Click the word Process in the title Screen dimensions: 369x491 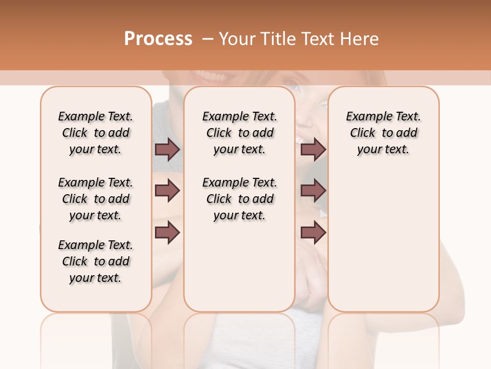tap(158, 38)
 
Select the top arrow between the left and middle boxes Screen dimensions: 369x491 tap(167, 150)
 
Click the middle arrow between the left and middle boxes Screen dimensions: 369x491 tap(167, 191)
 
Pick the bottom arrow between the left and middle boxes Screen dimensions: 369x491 tap(167, 233)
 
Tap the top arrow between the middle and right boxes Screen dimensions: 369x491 tap(313, 150)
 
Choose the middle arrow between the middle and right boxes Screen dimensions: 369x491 tap(313, 191)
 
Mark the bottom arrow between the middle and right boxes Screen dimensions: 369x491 tap(313, 233)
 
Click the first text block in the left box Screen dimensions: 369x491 tap(96, 133)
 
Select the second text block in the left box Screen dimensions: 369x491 tap(96, 199)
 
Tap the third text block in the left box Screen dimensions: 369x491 tap(96, 261)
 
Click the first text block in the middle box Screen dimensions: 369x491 tap(239, 133)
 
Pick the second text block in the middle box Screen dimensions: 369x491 tap(239, 199)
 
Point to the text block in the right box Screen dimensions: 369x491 tap(383, 133)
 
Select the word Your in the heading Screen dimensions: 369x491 tap(237, 39)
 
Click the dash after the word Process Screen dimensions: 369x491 tap(207, 39)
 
